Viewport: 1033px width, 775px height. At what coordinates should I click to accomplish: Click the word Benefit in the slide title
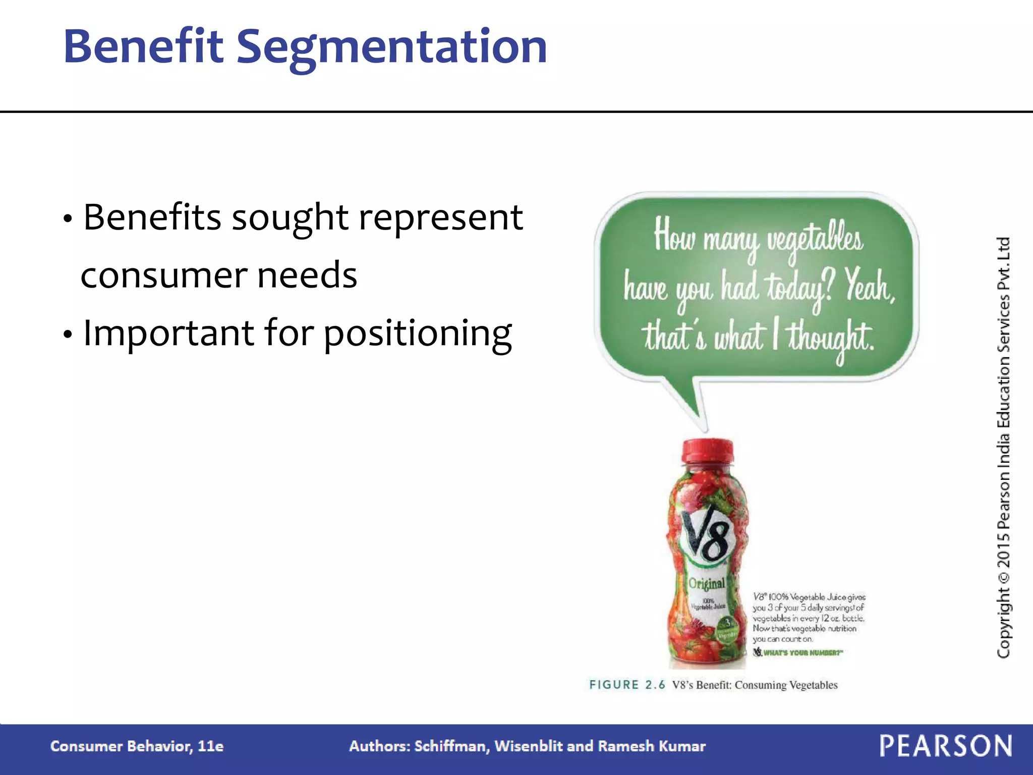pyautogui.click(x=143, y=46)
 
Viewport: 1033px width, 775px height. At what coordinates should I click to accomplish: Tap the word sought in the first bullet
pyautogui.click(x=290, y=218)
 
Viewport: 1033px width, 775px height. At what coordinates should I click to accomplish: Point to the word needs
pyautogui.click(x=307, y=275)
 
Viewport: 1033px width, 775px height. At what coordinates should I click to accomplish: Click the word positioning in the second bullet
pyautogui.click(x=418, y=335)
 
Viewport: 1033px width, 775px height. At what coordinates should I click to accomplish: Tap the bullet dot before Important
pyautogui.click(x=68, y=335)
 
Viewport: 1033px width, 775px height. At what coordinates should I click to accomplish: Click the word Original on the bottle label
pyautogui.click(x=707, y=583)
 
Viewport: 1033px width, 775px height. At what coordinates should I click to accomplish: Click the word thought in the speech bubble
pyautogui.click(x=830, y=337)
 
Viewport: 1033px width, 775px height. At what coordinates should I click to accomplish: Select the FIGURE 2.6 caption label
pyautogui.click(x=627, y=685)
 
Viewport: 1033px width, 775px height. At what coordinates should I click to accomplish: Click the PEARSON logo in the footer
pyautogui.click(x=946, y=746)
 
